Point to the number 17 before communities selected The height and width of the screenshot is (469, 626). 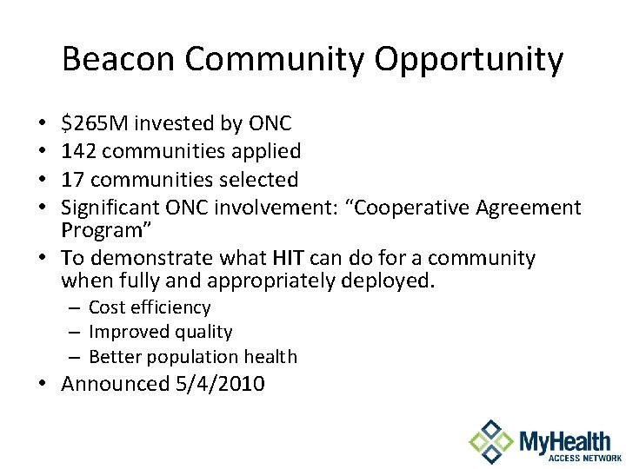(x=73, y=180)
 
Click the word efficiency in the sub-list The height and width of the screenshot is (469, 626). (x=172, y=307)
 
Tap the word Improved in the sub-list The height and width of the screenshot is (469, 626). (x=124, y=332)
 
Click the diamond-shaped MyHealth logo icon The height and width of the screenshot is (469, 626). (x=490, y=442)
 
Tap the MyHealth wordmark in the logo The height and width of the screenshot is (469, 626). (x=565, y=439)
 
